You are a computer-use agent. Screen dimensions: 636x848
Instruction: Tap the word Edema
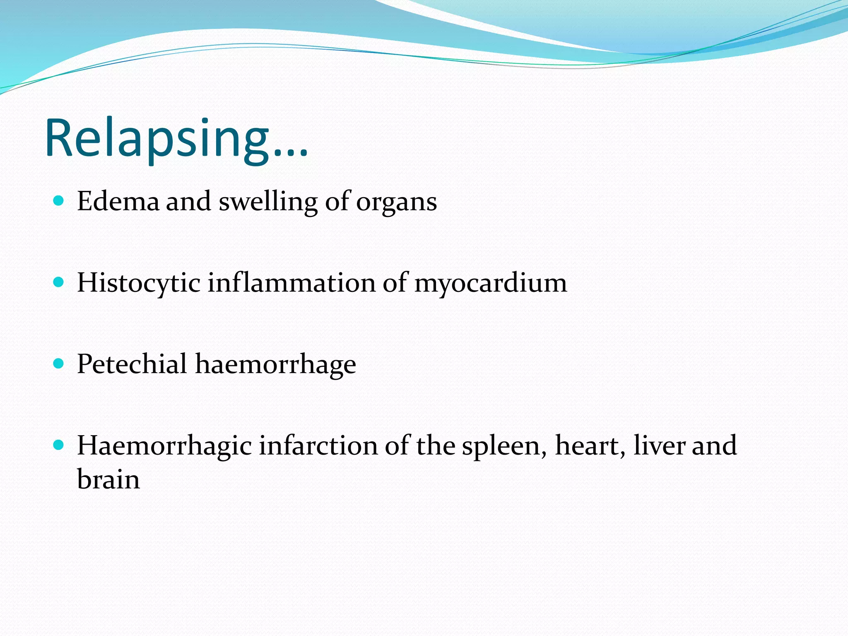coord(118,201)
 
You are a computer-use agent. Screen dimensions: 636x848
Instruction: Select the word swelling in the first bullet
coord(268,202)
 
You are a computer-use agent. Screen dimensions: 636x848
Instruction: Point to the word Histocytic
coord(138,283)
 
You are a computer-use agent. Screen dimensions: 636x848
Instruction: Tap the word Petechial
coord(132,364)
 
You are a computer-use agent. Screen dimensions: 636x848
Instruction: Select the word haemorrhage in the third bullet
coord(275,364)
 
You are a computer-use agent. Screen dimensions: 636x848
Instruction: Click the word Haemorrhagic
coord(164,446)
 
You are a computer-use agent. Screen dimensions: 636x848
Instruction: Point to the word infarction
coord(318,446)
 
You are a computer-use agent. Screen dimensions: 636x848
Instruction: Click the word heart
coord(589,446)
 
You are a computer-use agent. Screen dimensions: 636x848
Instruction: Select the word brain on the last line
coord(108,479)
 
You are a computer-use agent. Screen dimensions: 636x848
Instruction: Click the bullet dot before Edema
coord(59,201)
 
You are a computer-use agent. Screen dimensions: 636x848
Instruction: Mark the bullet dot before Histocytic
coord(59,282)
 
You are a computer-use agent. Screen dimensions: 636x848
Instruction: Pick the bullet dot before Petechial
coord(59,364)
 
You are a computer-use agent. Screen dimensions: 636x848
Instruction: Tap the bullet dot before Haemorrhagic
coord(59,445)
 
